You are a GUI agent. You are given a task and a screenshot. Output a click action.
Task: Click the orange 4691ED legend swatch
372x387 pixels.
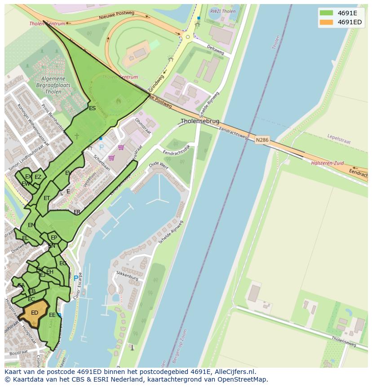click(x=327, y=22)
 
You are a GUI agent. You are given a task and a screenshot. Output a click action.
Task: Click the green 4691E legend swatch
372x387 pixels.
click(x=327, y=13)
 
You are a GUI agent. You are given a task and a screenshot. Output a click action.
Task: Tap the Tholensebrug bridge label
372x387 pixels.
click(x=200, y=121)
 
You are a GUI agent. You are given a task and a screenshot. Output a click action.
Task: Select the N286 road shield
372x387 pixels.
click(x=262, y=140)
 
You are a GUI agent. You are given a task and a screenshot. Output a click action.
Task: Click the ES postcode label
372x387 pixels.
click(x=92, y=108)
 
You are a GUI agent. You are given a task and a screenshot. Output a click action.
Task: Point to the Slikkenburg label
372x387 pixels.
click(x=127, y=276)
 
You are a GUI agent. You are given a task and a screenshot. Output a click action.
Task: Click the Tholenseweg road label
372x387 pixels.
click(x=344, y=342)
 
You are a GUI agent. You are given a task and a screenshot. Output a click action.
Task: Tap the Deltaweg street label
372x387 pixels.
click(x=215, y=50)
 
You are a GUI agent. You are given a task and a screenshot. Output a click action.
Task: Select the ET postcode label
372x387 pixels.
click(x=47, y=198)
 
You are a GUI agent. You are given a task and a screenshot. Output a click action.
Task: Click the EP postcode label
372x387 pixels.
click(x=54, y=238)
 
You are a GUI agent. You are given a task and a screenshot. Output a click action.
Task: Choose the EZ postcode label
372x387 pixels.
click(x=38, y=177)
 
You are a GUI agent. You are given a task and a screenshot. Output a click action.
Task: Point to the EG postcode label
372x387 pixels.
click(x=63, y=263)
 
